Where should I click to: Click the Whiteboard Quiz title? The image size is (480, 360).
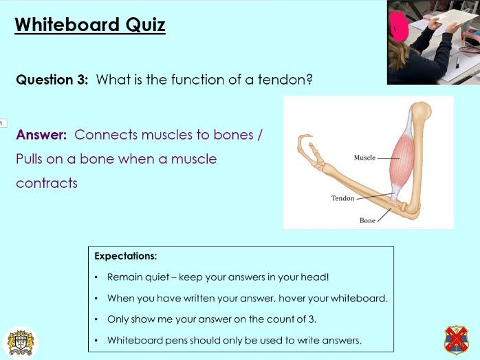[x=89, y=25]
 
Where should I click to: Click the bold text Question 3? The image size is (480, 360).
[x=52, y=79]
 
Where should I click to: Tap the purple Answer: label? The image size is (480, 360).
[x=41, y=135]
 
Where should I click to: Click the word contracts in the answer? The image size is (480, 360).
[x=47, y=183]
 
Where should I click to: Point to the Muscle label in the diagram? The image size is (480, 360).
[x=364, y=158]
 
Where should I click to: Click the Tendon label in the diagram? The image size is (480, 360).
[x=342, y=198]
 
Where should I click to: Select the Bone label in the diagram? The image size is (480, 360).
[x=367, y=220]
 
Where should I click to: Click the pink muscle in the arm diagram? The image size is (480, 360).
[x=402, y=158]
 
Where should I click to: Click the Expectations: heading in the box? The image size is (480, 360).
[x=126, y=256]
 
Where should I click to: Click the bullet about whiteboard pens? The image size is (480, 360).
[x=234, y=340]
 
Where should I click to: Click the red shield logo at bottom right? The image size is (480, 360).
[x=457, y=340]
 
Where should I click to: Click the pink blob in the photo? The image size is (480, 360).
[x=398, y=27]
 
